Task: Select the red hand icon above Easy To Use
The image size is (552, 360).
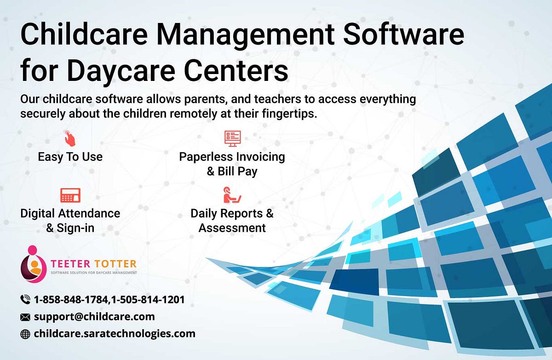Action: coord(70,137)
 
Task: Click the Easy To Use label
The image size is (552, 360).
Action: coord(70,157)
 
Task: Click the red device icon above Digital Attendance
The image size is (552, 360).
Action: coord(70,195)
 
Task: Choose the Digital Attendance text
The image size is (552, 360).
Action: coord(70,213)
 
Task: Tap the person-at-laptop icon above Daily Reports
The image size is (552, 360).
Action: coord(232,195)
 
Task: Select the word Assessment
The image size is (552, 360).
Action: coord(232,228)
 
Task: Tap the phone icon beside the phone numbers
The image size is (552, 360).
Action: coord(25,300)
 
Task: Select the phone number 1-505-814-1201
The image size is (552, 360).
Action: coord(148,300)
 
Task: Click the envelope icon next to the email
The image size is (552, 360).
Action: coord(25,317)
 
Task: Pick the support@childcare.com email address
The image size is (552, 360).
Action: coord(94,316)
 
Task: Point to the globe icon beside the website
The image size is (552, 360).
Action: coord(25,334)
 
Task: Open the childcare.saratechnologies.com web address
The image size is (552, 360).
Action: coord(115,334)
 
